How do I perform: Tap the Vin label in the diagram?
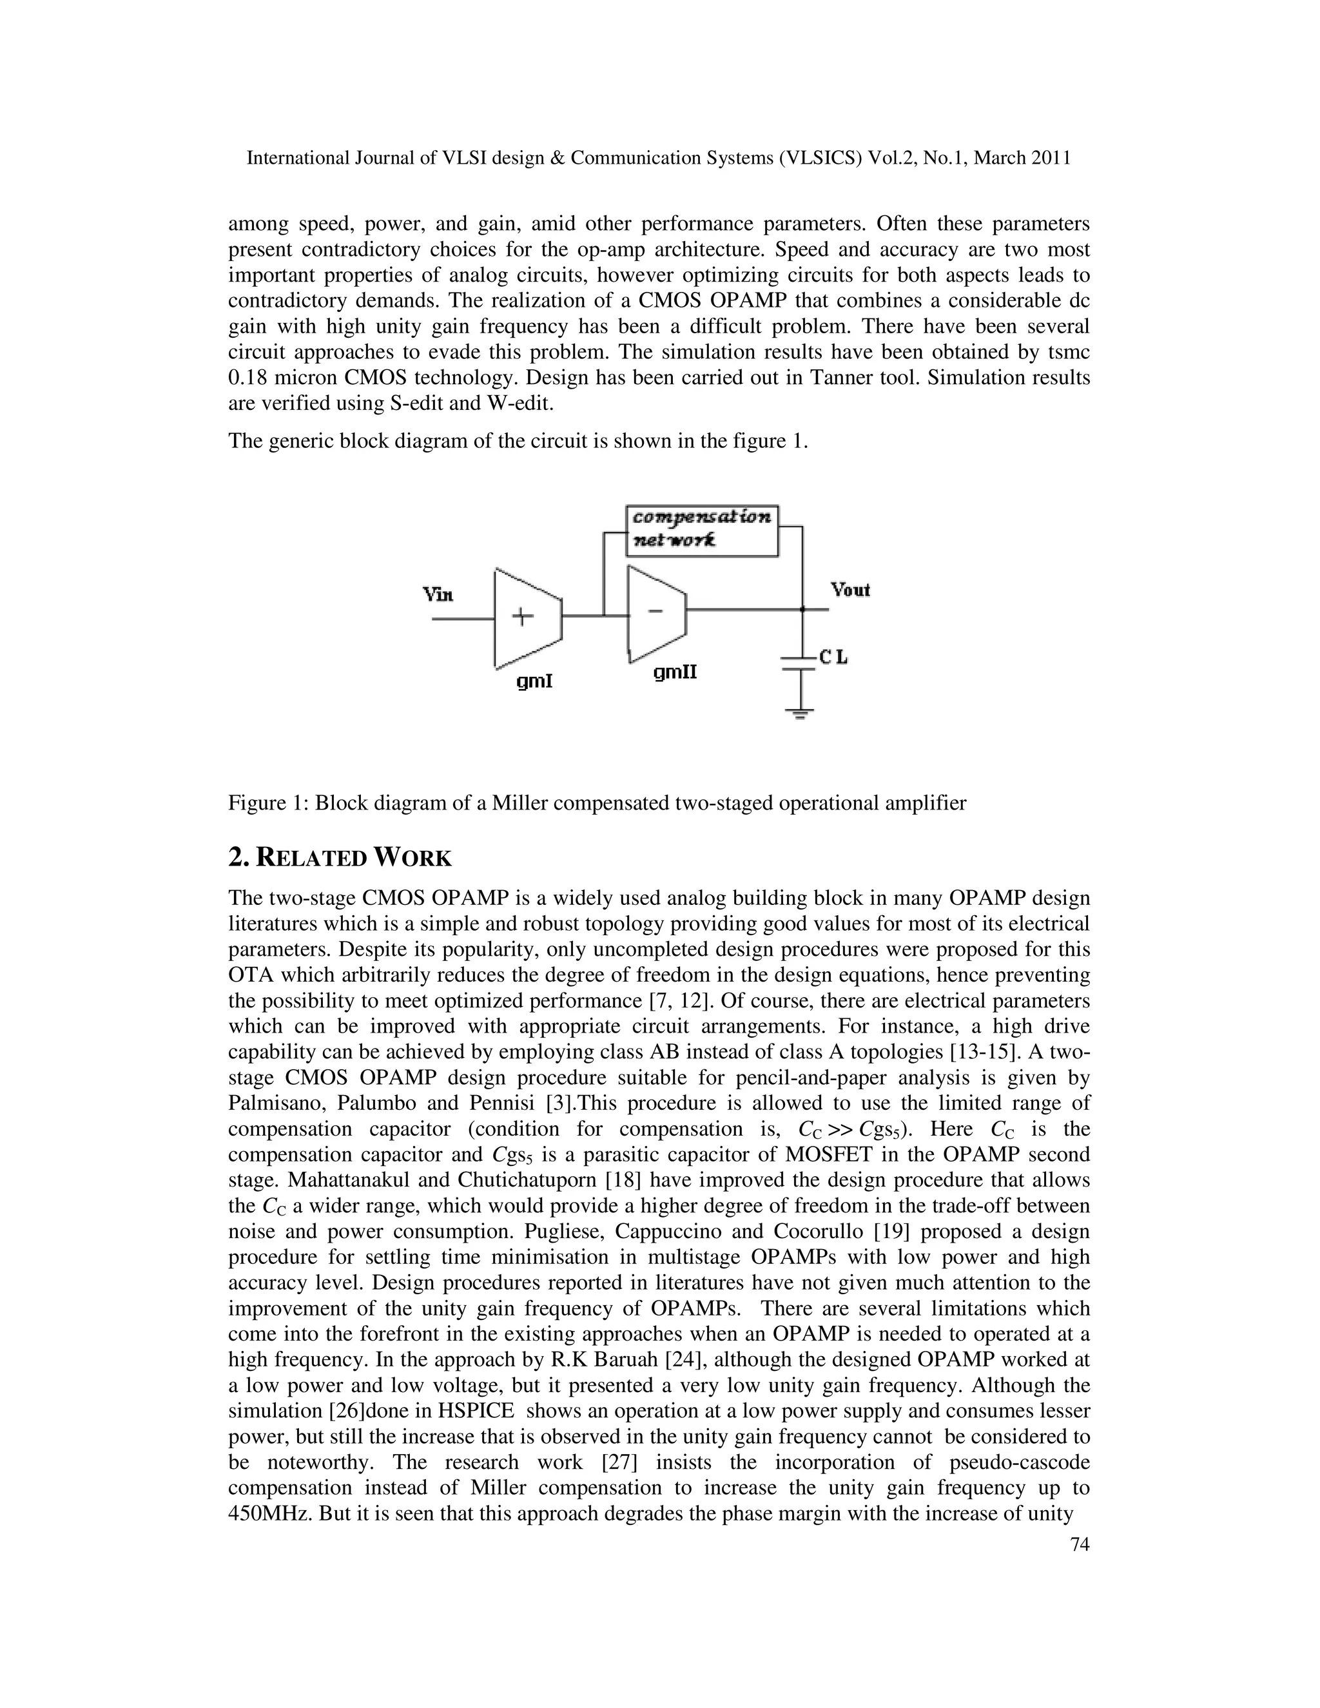pos(438,594)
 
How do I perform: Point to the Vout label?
pos(850,590)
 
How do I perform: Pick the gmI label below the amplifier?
pos(535,681)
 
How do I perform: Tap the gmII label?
pos(675,672)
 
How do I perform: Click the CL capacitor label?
pos(833,657)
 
